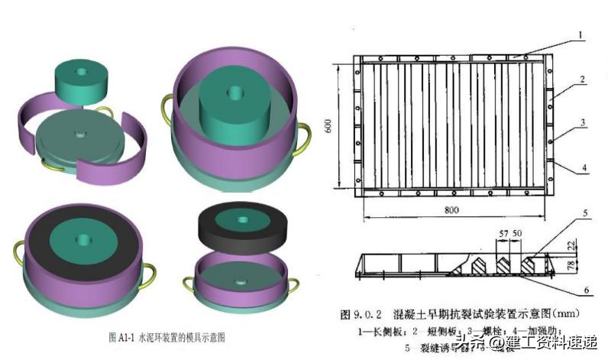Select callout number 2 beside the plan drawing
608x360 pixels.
582,79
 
